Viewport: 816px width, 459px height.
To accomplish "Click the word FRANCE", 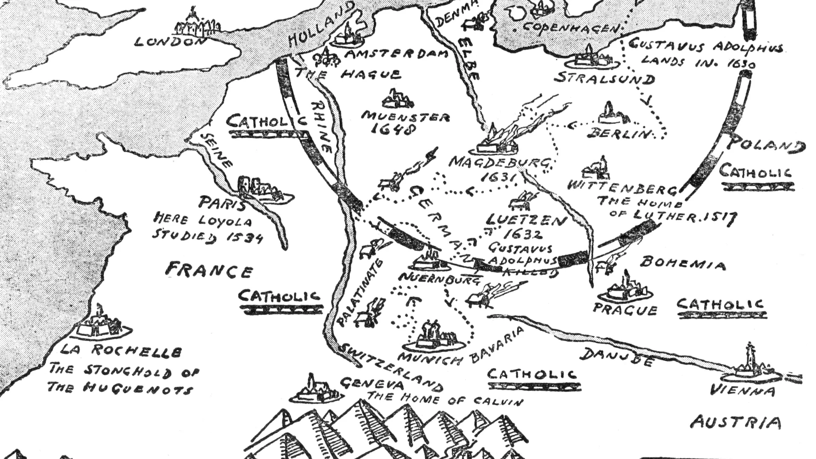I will pyautogui.click(x=209, y=270).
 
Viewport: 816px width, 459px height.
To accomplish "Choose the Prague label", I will pyautogui.click(x=625, y=310).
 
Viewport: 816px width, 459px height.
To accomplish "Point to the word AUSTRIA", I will pyautogui.click(x=736, y=422).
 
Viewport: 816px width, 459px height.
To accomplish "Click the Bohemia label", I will pyautogui.click(x=683, y=264).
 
